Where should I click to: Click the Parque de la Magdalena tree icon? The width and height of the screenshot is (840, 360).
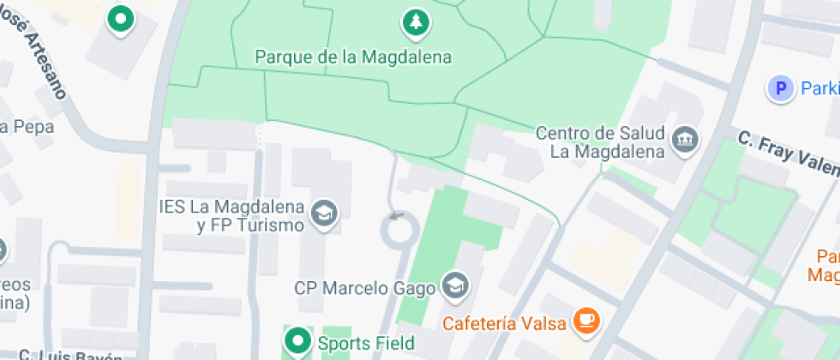click(x=416, y=22)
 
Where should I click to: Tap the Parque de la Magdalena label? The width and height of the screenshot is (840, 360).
click(x=353, y=57)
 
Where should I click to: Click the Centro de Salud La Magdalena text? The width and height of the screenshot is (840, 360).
click(x=600, y=143)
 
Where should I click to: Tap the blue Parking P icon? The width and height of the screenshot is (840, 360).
click(x=780, y=88)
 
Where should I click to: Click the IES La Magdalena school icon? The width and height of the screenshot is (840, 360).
click(x=324, y=212)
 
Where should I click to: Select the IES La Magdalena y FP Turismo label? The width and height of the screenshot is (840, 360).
click(x=232, y=216)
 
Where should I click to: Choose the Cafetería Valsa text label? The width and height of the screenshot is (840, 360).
click(x=505, y=323)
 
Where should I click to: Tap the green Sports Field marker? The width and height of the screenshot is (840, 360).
click(x=297, y=342)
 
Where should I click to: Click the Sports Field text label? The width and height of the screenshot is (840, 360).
click(x=366, y=344)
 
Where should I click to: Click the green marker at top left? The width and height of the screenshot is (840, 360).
click(x=121, y=20)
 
